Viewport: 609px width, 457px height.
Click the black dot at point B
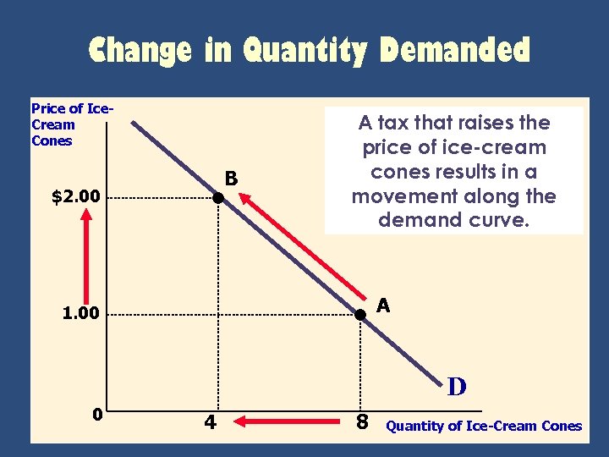pyautogui.click(x=217, y=198)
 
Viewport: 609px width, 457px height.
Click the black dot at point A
pyautogui.click(x=359, y=314)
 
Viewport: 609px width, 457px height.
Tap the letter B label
pyautogui.click(x=231, y=179)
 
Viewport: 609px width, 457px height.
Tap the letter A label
pyautogui.click(x=383, y=306)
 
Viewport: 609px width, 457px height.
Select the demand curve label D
pyautogui.click(x=457, y=388)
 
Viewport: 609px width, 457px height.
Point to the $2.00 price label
pyautogui.click(x=75, y=198)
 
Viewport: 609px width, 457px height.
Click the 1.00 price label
pyautogui.click(x=80, y=314)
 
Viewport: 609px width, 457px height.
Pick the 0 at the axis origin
pyautogui.click(x=98, y=415)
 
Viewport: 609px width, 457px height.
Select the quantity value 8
pyautogui.click(x=361, y=420)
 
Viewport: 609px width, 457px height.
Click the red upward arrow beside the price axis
pyautogui.click(x=86, y=250)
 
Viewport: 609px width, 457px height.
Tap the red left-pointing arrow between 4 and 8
pyautogui.click(x=285, y=419)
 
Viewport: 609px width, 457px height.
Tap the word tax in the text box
pyautogui.click(x=398, y=124)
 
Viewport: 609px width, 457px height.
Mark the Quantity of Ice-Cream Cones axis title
pyautogui.click(x=484, y=426)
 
